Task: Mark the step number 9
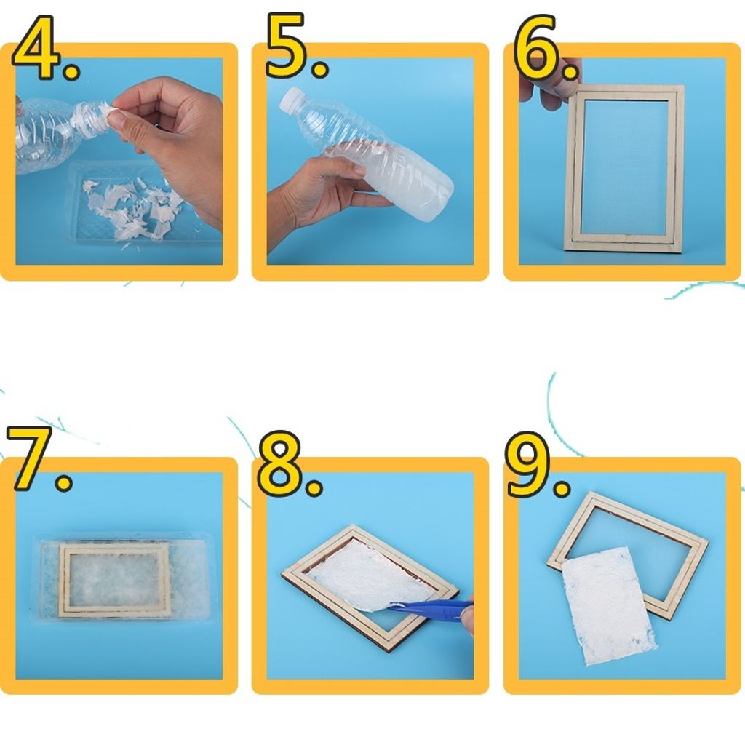pyautogui.click(x=538, y=465)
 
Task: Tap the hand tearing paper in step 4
pyautogui.click(x=171, y=138)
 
